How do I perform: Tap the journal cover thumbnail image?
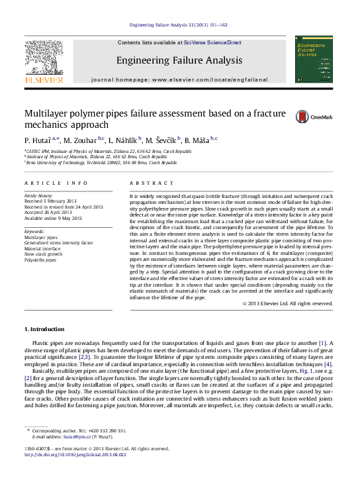tap(314, 60)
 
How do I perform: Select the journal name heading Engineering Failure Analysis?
tap(179, 60)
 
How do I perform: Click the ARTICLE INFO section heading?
tap(56, 182)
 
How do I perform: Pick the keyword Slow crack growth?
tap(44, 254)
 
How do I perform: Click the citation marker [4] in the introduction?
tap(328, 364)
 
